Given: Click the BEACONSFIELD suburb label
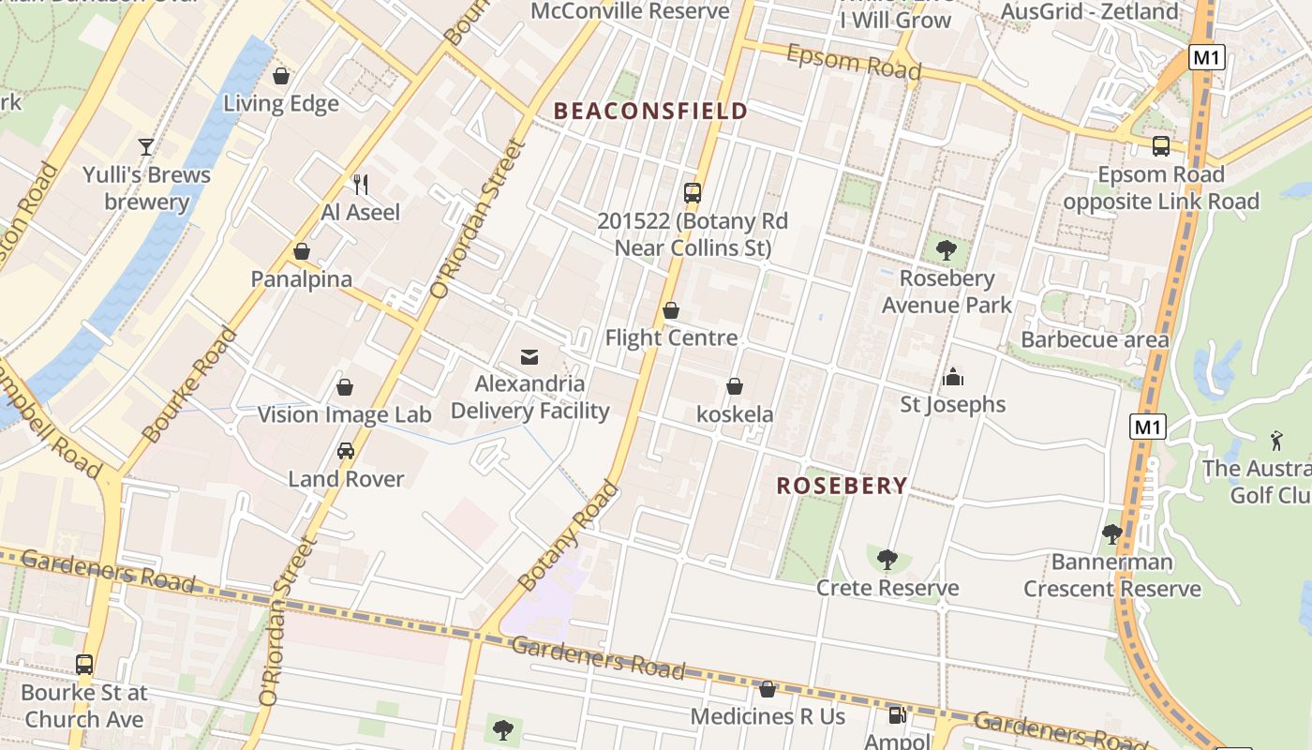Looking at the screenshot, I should click(x=650, y=111).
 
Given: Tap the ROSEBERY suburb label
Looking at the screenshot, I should click(x=842, y=486).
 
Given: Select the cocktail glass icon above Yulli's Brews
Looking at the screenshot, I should click(x=146, y=146).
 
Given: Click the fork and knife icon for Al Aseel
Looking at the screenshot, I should click(x=361, y=184).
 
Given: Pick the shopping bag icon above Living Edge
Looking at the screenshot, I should click(x=280, y=76).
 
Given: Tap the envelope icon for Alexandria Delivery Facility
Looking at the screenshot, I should click(x=529, y=356).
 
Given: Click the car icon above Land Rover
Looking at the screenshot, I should click(x=346, y=451).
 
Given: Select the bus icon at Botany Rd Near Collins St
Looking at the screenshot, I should click(x=693, y=193).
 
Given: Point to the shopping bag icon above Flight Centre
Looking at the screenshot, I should click(x=671, y=310).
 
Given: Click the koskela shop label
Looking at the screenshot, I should click(x=735, y=414).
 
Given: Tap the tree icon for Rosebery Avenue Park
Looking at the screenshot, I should click(x=947, y=250).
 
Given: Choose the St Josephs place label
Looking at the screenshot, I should click(x=953, y=405).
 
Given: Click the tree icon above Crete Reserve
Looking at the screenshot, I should click(x=887, y=561).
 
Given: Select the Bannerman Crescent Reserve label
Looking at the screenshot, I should click(x=1112, y=576).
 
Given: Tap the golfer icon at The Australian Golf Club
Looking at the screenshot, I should click(x=1275, y=440).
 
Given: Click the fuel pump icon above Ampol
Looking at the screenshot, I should click(x=897, y=715).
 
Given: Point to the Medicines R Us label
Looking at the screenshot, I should click(x=768, y=717).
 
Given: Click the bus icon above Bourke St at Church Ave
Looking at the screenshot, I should click(x=84, y=665).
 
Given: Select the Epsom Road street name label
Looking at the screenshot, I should click(x=854, y=62).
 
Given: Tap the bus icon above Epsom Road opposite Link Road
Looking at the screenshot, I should click(x=1161, y=146).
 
